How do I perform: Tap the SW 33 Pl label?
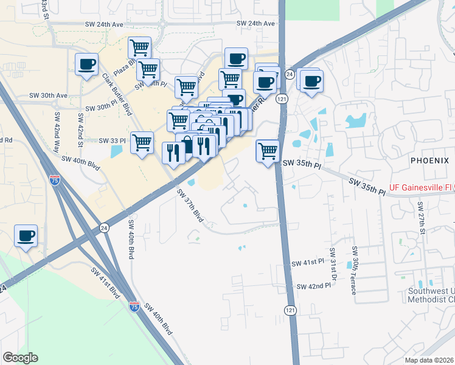coord(113,141)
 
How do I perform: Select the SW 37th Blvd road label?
coord(190,206)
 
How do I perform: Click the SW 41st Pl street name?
coord(308,263)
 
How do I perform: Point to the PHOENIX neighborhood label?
coord(429,160)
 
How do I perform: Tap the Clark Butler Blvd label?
coord(117,94)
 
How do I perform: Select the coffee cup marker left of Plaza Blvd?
coord(87,64)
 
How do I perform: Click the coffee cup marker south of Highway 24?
coord(26,235)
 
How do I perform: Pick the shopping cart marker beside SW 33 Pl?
coord(142,143)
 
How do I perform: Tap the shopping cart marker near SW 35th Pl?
coord(268,151)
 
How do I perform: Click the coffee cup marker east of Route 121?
coord(312,81)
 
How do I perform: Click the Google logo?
coord(20,358)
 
